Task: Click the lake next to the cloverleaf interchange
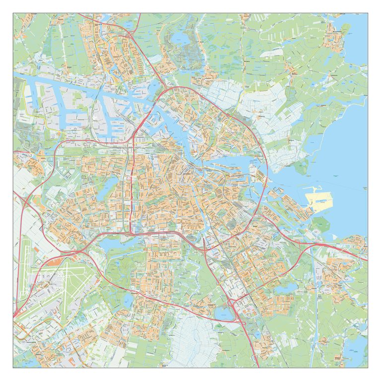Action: (221, 313)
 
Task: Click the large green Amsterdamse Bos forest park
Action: (119, 273)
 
